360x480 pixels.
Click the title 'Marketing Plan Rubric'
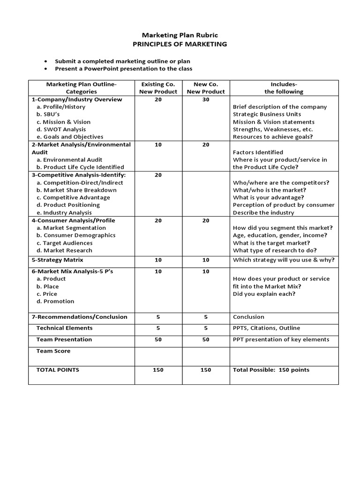[x=180, y=35]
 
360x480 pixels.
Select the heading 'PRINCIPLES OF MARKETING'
[x=180, y=44]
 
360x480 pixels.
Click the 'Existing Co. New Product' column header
[x=158, y=88]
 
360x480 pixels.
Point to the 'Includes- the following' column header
[x=284, y=88]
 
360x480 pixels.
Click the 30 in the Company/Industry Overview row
[x=206, y=99]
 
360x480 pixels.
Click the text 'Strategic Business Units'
[x=267, y=114]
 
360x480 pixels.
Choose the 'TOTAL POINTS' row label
[x=58, y=370]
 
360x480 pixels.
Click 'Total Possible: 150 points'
[x=271, y=370]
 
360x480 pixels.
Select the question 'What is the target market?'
[x=271, y=243]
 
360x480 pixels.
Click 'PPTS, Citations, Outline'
[x=266, y=328]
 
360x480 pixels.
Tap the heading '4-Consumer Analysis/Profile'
[x=73, y=220]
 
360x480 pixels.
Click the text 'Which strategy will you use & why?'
[x=284, y=260]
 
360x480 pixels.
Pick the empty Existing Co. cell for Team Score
[x=158, y=356]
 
